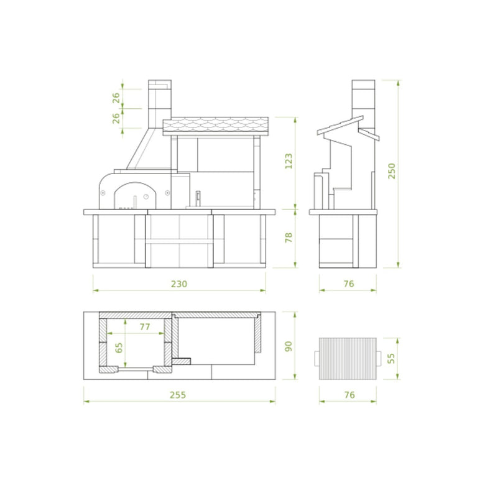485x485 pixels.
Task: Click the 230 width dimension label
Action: [179, 284]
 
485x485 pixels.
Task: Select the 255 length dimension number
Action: [178, 395]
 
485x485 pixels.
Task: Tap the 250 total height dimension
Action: [392, 171]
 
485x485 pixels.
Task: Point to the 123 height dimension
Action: [289, 161]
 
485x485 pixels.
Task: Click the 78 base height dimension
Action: [289, 238]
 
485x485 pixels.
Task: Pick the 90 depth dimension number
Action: [289, 346]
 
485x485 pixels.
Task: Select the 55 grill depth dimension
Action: [391, 358]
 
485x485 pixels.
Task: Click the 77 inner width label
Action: [145, 326]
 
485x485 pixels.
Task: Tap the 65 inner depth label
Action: [119, 348]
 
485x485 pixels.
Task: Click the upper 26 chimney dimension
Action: [116, 98]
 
